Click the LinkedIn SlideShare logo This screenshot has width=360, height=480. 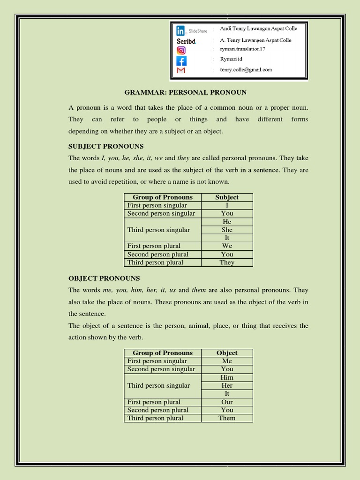192,31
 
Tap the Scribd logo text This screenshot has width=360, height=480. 186,41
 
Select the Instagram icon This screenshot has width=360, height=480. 181,50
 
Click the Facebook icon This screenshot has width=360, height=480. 181,60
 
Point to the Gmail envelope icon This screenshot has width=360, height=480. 181,70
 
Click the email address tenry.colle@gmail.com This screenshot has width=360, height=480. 246,70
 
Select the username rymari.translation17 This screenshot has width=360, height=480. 246,49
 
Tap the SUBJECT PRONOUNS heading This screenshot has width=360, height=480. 106,146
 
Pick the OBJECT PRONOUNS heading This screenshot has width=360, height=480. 104,278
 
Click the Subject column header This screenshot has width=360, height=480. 227,197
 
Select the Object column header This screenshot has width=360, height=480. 227,353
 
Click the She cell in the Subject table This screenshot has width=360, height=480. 227,230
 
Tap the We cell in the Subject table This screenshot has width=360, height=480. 227,246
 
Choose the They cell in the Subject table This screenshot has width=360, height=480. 227,262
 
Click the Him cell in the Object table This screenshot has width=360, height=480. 227,377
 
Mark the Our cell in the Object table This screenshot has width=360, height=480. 227,402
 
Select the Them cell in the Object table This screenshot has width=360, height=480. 227,418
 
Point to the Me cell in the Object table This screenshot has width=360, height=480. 227,361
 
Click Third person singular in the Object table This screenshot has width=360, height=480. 159,385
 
